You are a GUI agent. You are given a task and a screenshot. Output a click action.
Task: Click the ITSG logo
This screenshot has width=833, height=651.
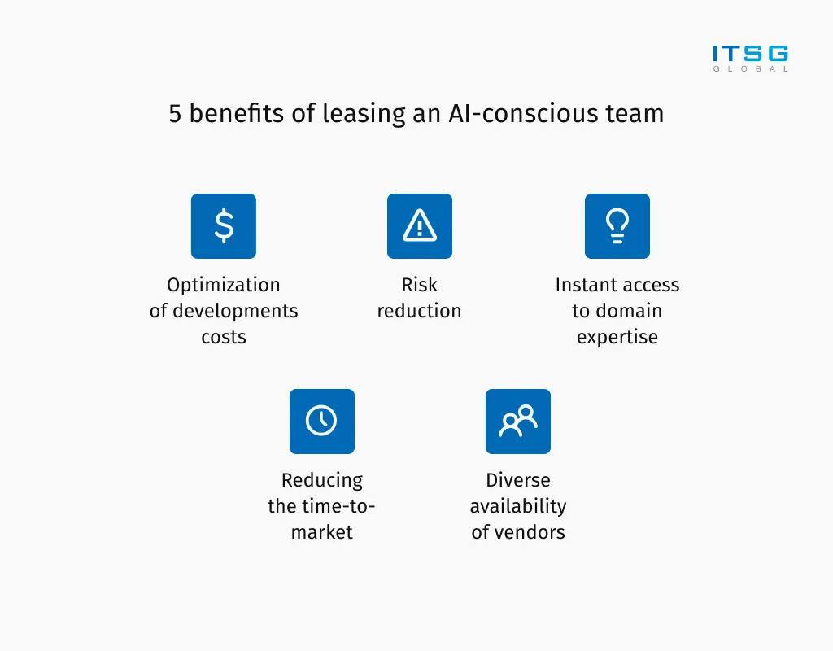[x=750, y=59]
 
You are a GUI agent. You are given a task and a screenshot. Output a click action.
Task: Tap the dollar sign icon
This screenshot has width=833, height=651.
[x=224, y=226]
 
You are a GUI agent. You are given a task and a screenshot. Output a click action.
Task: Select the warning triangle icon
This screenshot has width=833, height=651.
[x=420, y=226]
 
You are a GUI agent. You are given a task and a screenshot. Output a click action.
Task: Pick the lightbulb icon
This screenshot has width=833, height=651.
[x=617, y=226]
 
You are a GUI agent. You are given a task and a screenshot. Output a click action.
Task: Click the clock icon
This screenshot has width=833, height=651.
[x=322, y=422]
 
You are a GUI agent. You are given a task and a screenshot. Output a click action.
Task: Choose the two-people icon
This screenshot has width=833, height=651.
[x=518, y=422]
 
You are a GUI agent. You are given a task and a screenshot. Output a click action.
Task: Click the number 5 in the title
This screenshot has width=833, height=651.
[x=176, y=114]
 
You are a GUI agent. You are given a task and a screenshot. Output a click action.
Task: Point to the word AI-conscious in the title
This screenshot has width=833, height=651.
[x=524, y=114]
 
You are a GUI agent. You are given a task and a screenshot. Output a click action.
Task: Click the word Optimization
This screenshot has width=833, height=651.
[x=224, y=286]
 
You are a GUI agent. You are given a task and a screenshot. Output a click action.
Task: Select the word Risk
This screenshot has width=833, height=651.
[x=419, y=285]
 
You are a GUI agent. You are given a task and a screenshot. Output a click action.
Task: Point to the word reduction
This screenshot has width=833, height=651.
[x=419, y=311]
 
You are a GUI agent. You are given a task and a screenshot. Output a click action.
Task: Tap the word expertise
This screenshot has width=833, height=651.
[x=617, y=338]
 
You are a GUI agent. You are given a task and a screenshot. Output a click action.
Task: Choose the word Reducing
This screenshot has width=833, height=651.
[x=322, y=481]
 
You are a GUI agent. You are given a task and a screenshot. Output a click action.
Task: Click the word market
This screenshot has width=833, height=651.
[x=322, y=532]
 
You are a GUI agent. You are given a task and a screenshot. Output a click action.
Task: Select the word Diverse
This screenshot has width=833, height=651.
[x=518, y=480]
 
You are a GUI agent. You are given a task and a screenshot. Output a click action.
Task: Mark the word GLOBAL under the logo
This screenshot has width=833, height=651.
[x=750, y=68]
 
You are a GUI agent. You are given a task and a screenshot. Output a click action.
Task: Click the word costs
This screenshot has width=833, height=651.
[x=224, y=338]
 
